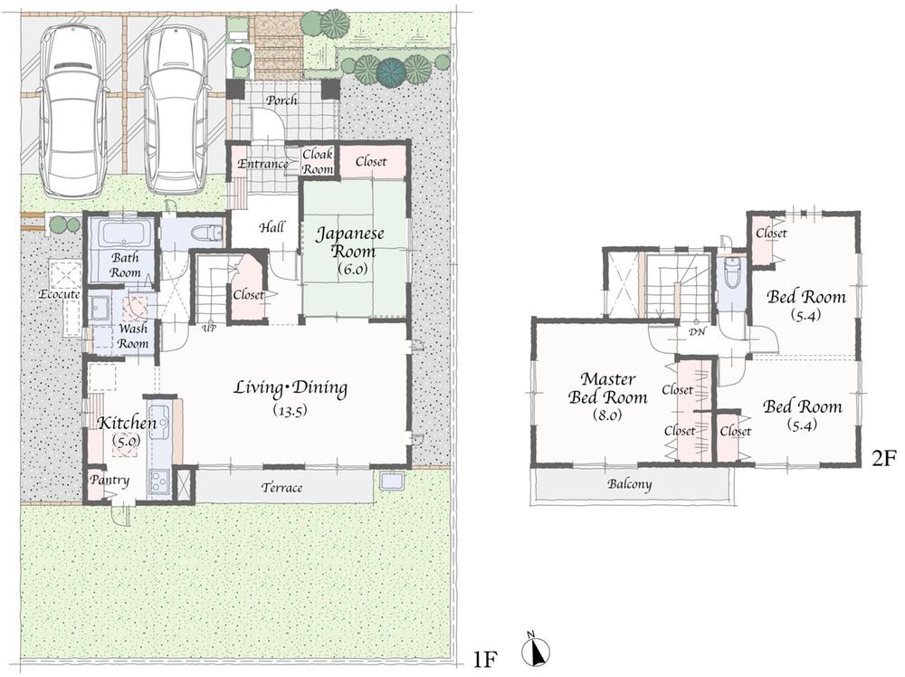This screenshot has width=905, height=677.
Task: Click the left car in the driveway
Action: click(75, 110)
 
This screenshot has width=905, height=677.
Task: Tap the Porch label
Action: click(281, 100)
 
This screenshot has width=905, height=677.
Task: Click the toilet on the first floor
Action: click(205, 234)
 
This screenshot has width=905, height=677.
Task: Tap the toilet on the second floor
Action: click(732, 272)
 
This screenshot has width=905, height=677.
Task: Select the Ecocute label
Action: click(60, 294)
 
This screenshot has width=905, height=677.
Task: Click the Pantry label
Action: click(109, 480)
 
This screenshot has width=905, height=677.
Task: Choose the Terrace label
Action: click(281, 488)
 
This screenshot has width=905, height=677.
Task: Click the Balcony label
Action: click(629, 484)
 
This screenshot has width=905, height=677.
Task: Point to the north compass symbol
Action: click(536, 651)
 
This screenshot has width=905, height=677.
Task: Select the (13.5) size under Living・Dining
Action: click(291, 409)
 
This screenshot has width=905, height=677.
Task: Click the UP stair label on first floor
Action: click(208, 327)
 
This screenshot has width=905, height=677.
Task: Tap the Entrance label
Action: click(263, 164)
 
